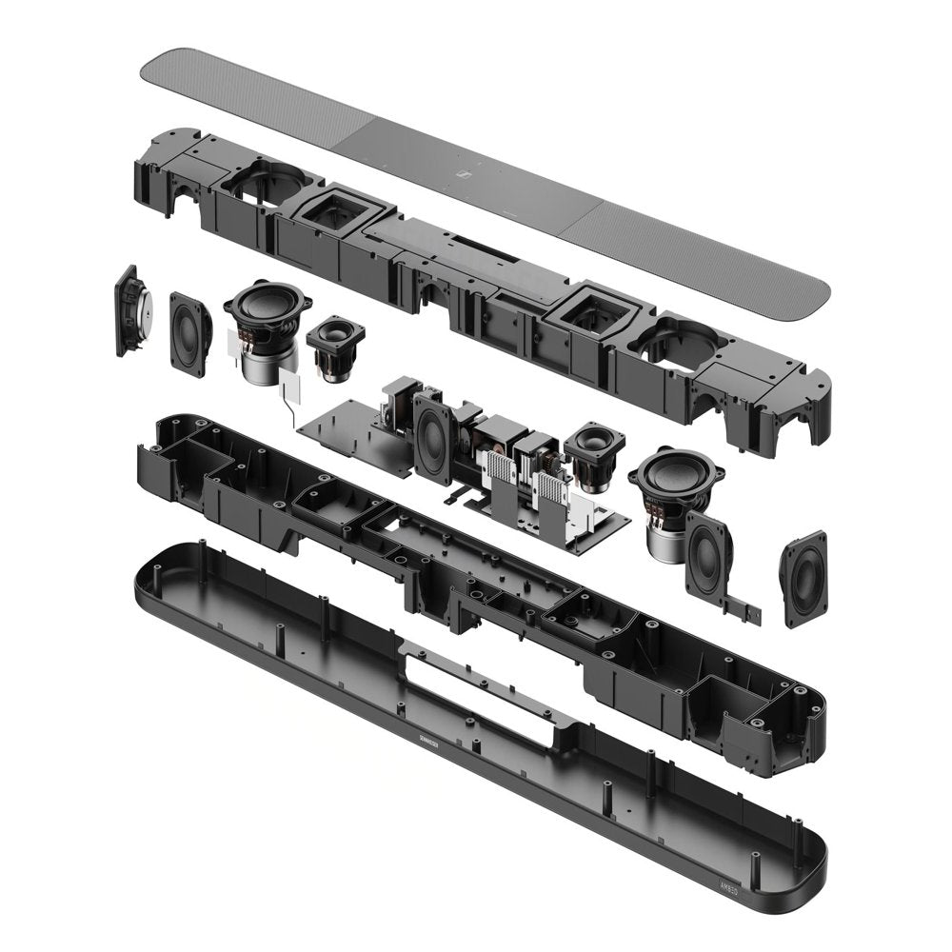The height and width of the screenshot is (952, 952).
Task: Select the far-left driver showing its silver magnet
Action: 129,309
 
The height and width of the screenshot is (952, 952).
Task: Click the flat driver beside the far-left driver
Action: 190,333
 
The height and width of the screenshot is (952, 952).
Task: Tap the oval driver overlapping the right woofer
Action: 708,553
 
